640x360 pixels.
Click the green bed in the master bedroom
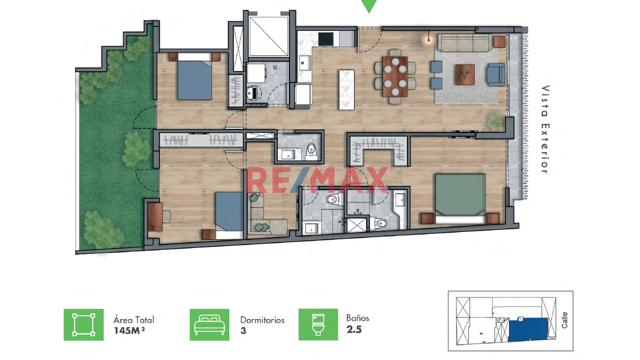tap(460, 198)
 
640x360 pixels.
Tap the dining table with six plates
tap(395, 76)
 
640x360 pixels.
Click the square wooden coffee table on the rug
tap(465, 74)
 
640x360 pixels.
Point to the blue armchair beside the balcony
tap(496, 75)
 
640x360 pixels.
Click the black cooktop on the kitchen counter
tap(325, 39)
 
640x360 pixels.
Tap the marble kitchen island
tap(347, 89)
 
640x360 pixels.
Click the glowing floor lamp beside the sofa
tap(428, 39)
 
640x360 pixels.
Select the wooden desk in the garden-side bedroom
tap(155, 216)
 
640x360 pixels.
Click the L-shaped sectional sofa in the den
tap(265, 214)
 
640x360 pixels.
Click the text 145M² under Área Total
tap(129, 330)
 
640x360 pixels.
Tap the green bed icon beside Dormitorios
tap(209, 324)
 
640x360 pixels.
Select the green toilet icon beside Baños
tap(318, 324)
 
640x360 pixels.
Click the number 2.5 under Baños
tap(354, 329)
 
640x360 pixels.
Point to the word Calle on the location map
tap(564, 320)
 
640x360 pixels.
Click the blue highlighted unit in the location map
tap(528, 329)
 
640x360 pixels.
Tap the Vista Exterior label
tap(545, 129)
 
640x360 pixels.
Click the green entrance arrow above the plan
tap(369, 5)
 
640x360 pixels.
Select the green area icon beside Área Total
tap(83, 324)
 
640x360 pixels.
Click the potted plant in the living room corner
tap(495, 121)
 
